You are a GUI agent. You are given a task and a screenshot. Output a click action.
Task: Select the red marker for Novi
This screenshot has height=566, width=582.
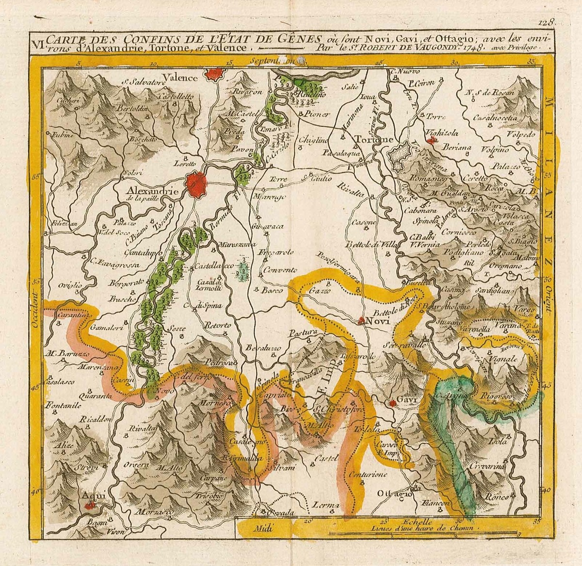coord(362,320)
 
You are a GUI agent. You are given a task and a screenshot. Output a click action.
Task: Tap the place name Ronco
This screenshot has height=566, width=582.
coord(497,498)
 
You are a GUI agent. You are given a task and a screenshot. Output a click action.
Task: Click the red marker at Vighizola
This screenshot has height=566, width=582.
coord(431,141)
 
